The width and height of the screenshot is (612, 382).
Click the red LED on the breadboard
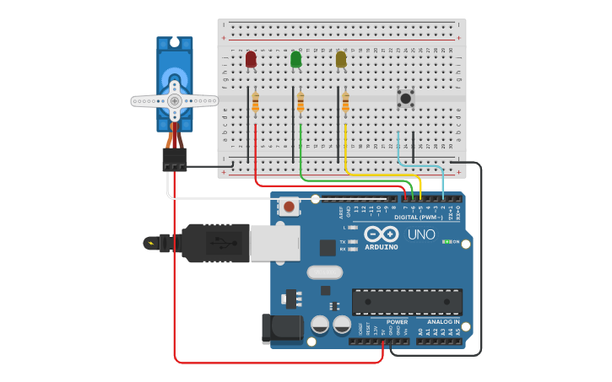coord(251,59)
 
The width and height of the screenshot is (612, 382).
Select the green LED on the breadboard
coord(296,59)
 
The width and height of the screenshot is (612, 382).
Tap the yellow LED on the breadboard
coord(341,59)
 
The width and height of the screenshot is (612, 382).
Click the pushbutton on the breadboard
coord(406,99)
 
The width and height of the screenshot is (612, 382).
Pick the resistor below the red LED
coord(256,102)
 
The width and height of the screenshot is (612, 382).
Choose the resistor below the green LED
coord(301,102)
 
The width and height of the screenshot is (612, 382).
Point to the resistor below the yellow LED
coord(345,102)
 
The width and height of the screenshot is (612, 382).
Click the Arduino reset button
coord(289,206)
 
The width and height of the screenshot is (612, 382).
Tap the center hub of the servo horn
coord(175,100)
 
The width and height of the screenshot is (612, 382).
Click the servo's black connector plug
coord(175,159)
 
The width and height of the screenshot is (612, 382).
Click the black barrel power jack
coord(282,329)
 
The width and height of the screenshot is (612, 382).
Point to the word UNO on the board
coord(421,234)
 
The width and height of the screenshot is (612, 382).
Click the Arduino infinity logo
coord(382,234)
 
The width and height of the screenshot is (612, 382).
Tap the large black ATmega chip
coord(407,301)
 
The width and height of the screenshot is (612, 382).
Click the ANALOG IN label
coord(443,321)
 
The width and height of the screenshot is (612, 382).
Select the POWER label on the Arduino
coord(397,321)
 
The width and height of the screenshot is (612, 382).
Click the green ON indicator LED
coord(446,242)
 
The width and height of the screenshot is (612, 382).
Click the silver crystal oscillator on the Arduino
coord(324,272)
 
